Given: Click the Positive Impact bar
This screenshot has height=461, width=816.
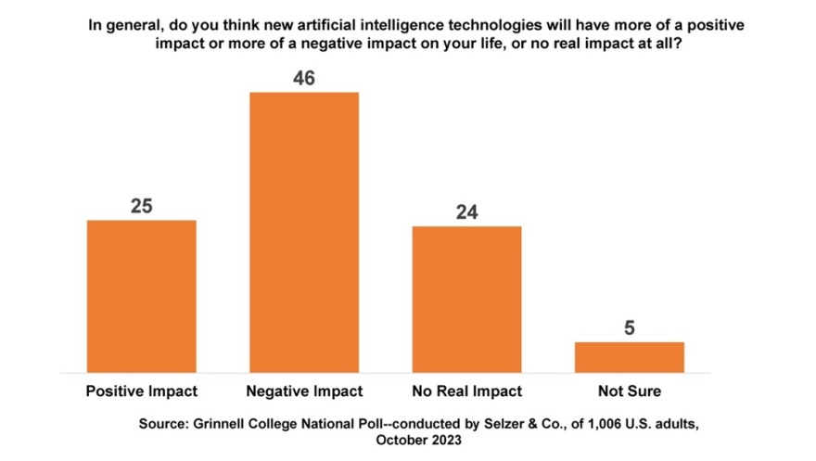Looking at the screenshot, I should [x=141, y=295].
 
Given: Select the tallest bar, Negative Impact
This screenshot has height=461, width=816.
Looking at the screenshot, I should [x=303, y=231].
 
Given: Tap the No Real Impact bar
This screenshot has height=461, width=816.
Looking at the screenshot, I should [x=466, y=298].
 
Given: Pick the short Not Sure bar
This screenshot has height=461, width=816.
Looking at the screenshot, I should [x=629, y=356].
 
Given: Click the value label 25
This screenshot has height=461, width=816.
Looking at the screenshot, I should [x=141, y=206].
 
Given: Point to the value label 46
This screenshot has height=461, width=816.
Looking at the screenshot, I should [x=303, y=78].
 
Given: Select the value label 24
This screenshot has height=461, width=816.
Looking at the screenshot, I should [x=466, y=212].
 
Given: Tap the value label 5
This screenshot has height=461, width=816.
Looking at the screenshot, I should [x=629, y=328].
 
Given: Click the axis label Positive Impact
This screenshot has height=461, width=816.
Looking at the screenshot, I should [x=141, y=391].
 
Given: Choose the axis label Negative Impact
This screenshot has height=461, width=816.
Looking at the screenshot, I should [x=303, y=391].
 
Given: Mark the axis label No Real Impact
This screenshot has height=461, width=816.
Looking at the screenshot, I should [x=466, y=391].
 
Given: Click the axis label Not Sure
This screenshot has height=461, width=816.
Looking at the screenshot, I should [x=629, y=391].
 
